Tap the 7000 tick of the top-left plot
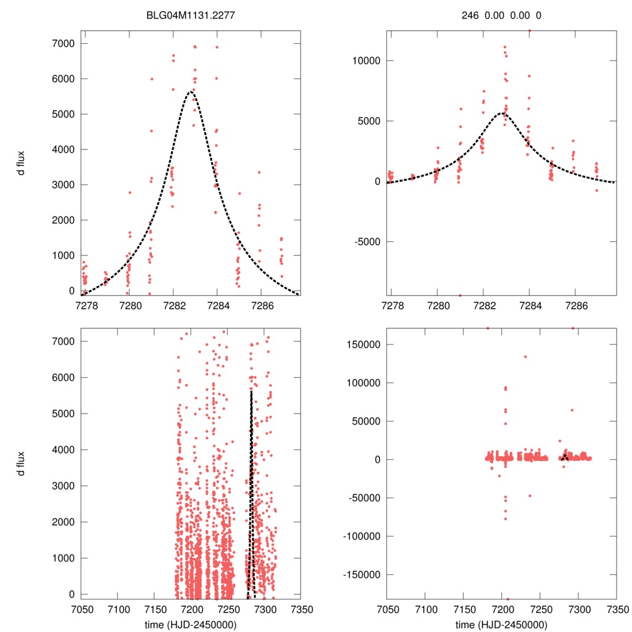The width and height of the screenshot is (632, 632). (x=62, y=43)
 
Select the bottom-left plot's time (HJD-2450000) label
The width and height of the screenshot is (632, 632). (x=192, y=625)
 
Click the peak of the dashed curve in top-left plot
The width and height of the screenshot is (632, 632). (x=190, y=92)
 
